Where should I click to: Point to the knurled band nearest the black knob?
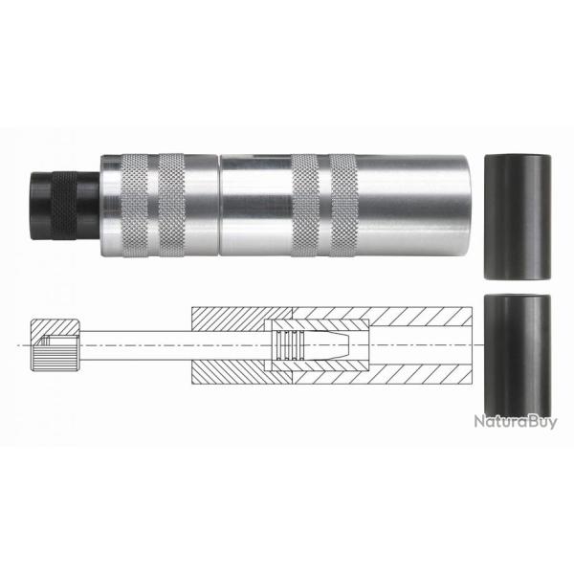[x=131, y=197]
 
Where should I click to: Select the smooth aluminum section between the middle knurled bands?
[x=254, y=197]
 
